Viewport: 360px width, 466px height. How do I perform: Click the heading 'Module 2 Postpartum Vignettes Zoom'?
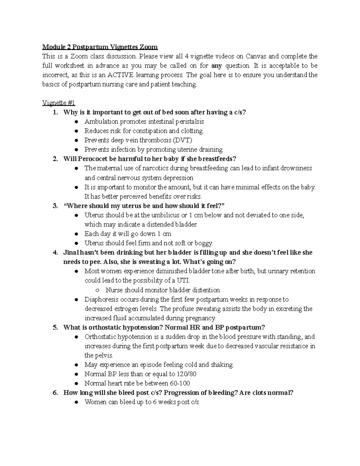pos(100,47)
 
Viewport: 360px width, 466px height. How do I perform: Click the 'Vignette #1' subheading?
pos(58,103)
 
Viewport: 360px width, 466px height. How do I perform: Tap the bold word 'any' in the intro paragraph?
pos(217,65)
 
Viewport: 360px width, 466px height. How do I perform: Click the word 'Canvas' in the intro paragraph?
pos(256,56)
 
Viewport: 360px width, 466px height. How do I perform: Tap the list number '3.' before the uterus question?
pos(55,206)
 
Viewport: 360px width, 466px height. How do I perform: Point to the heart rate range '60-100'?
pos(179,383)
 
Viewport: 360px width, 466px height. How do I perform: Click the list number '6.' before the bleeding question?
pos(55,392)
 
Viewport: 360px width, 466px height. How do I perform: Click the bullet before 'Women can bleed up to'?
pos(77,402)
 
